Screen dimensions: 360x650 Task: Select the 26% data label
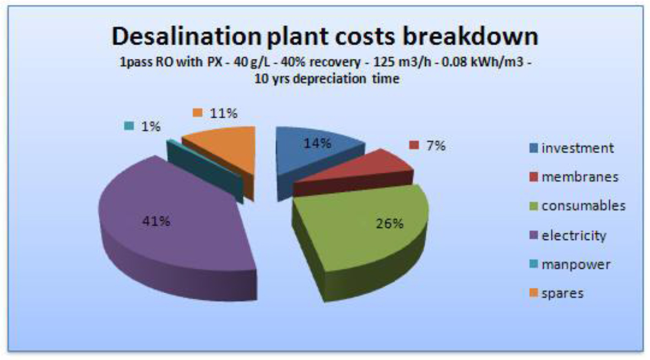pos(390,223)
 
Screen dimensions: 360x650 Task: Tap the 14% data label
pos(317,144)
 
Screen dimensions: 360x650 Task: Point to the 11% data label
pos(223,113)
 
